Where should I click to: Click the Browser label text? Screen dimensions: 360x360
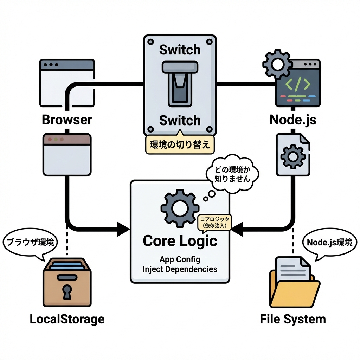point(67,120)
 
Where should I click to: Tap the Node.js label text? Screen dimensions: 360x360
point(293,120)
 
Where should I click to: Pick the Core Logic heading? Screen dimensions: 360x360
point(180,241)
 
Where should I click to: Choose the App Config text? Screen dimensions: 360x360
point(180,260)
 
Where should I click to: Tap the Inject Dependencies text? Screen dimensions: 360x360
point(180,269)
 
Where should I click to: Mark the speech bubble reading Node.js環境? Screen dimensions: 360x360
point(329,243)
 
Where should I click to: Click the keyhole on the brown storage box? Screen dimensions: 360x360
point(67,290)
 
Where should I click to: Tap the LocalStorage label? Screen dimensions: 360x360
point(67,319)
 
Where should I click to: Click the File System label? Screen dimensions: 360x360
point(293,319)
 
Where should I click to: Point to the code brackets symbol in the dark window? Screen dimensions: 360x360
point(297,84)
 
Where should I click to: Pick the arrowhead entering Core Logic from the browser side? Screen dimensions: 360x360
point(123,228)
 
